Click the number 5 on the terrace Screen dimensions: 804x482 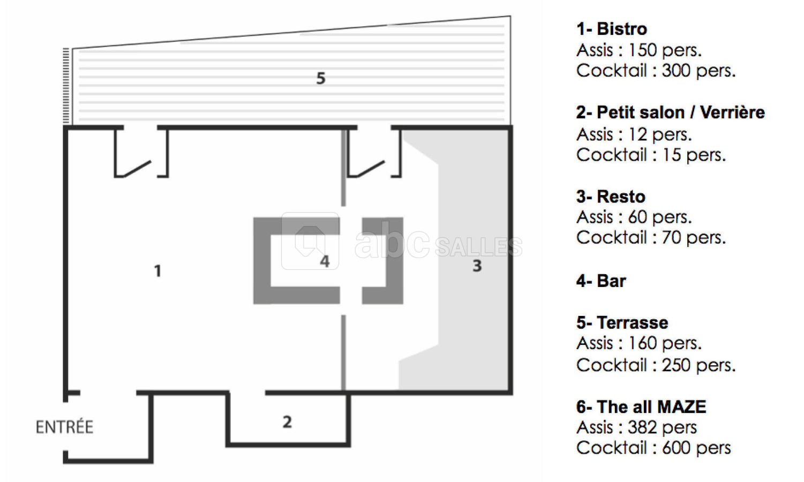(321, 78)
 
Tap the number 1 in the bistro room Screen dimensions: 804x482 (157, 270)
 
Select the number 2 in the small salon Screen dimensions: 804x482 (287, 422)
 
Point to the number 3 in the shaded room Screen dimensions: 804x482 (477, 266)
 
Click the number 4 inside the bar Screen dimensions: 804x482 (325, 261)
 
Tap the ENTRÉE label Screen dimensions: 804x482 (65, 427)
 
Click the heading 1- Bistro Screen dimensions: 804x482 (612, 29)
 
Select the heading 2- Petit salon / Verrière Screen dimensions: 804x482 (671, 112)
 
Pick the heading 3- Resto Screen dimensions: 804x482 (611, 197)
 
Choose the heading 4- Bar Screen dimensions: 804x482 (601, 281)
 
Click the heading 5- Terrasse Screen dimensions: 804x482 (622, 322)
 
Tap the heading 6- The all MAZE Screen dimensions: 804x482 (641, 407)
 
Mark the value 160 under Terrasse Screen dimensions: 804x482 (642, 343)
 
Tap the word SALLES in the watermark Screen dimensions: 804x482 (479, 247)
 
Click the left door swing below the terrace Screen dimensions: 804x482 (137, 169)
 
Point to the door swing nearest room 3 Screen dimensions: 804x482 (371, 169)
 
